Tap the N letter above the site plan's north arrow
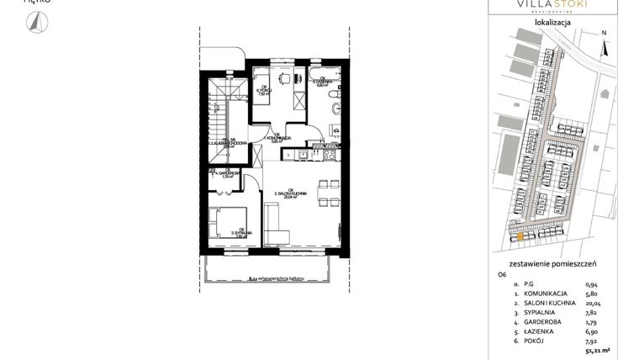[604, 34]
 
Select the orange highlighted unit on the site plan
[520, 237]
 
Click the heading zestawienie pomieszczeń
[552, 262]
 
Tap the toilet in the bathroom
[335, 107]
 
